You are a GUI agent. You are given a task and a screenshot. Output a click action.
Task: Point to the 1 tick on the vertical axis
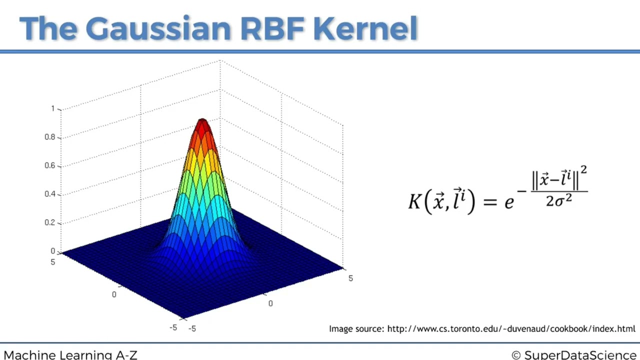(x=53, y=108)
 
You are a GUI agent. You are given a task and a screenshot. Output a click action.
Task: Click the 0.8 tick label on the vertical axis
(x=50, y=137)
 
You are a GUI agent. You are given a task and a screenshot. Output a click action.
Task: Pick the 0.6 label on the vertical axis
(x=50, y=165)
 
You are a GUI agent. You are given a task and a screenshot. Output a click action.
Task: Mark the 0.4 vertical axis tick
(x=50, y=194)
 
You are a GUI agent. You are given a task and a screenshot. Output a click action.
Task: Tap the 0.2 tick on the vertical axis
(x=50, y=222)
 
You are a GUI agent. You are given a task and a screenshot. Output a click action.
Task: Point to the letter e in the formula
(x=509, y=202)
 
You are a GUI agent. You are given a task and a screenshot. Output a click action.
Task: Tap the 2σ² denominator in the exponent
(x=559, y=201)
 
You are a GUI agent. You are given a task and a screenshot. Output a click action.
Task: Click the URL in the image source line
(x=511, y=328)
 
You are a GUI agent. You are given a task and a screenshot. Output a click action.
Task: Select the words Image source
(x=356, y=328)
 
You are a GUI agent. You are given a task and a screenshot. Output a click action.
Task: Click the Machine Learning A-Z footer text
(x=70, y=355)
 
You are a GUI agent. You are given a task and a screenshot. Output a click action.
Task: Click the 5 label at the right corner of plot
(x=350, y=278)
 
